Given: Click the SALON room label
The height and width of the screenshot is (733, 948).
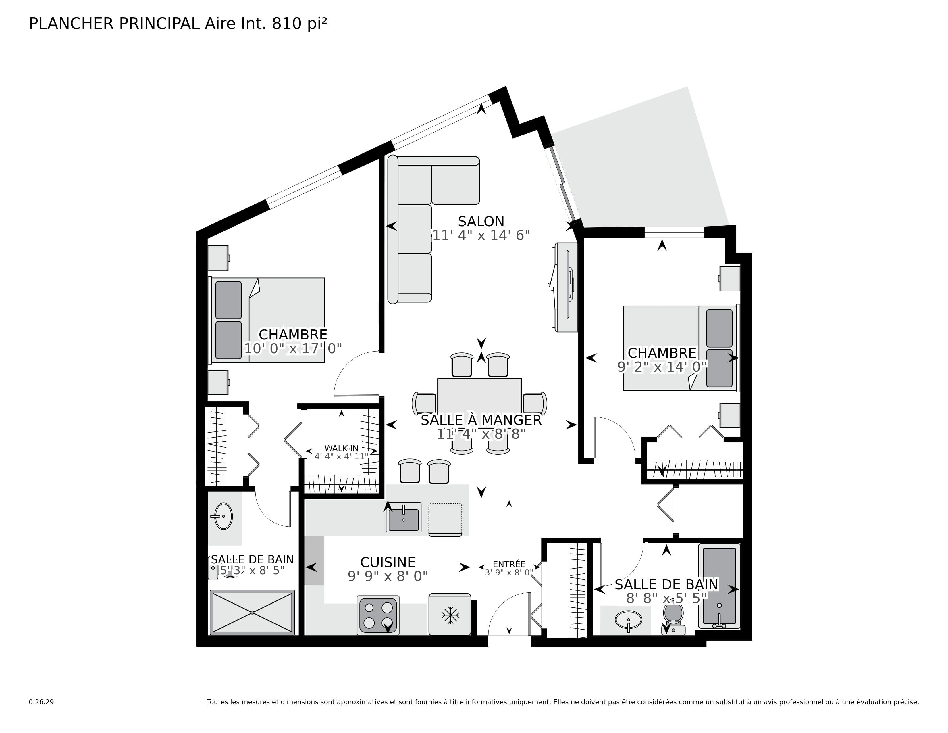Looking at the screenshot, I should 481,221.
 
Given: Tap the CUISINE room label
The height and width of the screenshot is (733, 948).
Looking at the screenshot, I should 388,562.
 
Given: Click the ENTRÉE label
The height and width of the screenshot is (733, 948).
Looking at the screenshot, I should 509,564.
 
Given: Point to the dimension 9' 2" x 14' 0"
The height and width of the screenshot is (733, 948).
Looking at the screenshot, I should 662,367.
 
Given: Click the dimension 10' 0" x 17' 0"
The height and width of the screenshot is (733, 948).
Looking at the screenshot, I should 293,348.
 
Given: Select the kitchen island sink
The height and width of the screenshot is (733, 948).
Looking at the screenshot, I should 404,517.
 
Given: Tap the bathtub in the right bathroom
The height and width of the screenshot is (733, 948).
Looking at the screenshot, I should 719,586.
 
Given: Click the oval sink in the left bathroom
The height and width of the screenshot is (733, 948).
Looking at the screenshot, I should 223,516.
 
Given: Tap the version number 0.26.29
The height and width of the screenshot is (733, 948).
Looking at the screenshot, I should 41,702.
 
